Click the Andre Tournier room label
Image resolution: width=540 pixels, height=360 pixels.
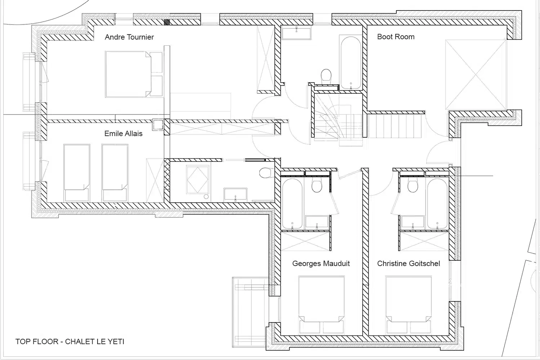pos(129,37)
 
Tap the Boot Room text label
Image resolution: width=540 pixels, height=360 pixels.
pos(396,37)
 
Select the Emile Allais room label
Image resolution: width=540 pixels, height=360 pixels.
pos(123,133)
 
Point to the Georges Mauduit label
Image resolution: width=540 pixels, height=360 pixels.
pos(321,263)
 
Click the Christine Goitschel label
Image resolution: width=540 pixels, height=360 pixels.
pos(409,263)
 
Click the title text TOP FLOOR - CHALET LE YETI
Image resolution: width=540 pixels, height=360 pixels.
pos(70,341)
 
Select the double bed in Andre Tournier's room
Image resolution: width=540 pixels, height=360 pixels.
pos(134,74)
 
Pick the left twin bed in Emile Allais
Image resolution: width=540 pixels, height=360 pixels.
pos(77,173)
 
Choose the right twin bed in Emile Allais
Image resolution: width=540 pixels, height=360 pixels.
pos(115,173)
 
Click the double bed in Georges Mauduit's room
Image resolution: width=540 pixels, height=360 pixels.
pos(321,305)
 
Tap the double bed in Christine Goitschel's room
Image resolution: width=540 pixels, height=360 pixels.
pos(409,305)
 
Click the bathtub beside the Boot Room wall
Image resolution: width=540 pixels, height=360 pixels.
pos(351,62)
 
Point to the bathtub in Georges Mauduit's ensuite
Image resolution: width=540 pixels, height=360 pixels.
pos(292,203)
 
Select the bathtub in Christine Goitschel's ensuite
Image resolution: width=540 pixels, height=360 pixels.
pos(437,203)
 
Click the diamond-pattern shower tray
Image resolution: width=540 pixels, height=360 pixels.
pos(198,179)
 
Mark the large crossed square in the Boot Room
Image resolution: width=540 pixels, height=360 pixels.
pos(476,75)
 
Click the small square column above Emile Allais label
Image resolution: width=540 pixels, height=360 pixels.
pos(158,125)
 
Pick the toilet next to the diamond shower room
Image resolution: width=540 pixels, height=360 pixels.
pos(267,173)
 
